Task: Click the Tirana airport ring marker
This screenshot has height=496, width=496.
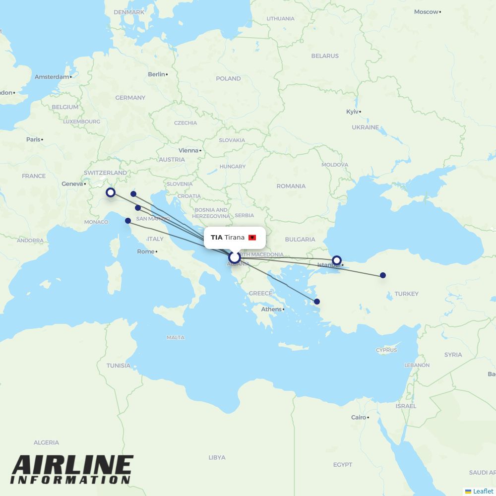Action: point(235,257)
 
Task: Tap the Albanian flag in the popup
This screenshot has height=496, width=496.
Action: point(252,238)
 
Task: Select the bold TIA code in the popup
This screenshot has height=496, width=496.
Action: point(216,238)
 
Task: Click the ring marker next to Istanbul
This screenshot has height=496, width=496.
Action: point(337,260)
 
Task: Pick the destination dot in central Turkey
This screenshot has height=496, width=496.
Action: point(383,275)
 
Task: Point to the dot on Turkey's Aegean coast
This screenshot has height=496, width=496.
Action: point(317,302)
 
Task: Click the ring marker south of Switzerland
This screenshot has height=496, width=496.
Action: point(111,192)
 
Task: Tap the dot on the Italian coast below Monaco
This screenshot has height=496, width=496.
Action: point(128,221)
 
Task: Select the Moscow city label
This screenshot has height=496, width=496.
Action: point(427,12)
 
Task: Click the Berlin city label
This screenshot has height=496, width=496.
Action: point(156,74)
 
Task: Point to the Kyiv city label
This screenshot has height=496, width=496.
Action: point(352,112)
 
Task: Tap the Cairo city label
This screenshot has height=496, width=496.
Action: point(359,417)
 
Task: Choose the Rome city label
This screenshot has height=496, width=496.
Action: point(146,251)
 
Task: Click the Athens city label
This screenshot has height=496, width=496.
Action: point(271,310)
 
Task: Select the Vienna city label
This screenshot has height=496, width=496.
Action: point(188,150)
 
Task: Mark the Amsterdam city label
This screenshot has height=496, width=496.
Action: point(52,77)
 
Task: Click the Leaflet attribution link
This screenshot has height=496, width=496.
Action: point(483,491)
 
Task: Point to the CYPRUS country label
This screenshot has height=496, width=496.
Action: point(386,350)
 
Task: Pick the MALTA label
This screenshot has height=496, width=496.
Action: point(175,337)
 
